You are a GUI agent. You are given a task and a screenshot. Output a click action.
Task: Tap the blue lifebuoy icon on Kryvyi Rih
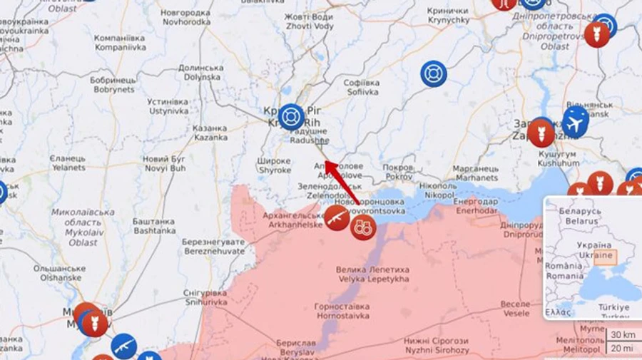point(290,116)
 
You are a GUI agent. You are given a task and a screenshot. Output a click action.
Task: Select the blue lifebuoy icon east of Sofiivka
point(433,73)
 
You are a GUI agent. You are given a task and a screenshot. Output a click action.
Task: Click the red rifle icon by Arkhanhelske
point(337,218)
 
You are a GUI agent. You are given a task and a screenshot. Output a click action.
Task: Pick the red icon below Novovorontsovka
point(364,227)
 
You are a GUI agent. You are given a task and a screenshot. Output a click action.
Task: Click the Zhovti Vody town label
point(309,21)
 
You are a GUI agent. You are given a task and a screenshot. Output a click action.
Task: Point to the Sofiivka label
point(362,87)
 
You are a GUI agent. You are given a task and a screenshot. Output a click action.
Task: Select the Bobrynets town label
point(113,85)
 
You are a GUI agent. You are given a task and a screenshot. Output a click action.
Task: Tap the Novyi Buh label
point(164,163)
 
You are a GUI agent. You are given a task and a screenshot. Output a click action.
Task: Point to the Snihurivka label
point(205,297)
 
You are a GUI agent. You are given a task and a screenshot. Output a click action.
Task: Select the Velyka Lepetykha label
point(373,274)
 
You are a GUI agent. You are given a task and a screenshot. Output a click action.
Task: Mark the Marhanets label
point(477,173)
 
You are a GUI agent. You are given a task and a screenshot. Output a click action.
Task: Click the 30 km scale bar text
point(622,334)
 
